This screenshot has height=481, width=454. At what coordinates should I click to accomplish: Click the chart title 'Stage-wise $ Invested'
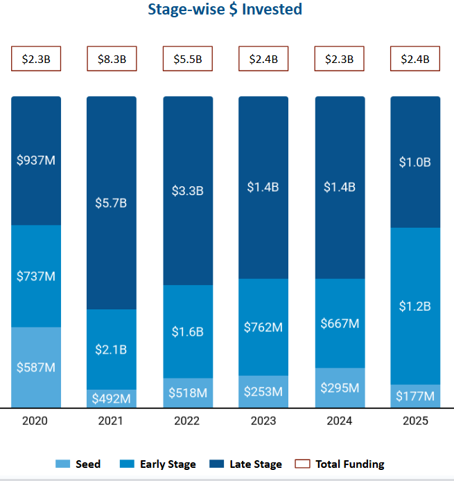225,10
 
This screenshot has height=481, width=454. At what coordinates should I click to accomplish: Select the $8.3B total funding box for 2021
112,59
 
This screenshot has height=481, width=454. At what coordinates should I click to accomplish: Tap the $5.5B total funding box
187,59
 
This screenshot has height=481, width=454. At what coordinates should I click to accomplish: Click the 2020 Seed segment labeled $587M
36,367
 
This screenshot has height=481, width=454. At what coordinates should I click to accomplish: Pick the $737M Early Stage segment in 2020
36,276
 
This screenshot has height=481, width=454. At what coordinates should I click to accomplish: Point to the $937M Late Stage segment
36,161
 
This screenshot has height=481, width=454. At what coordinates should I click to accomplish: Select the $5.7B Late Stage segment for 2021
112,203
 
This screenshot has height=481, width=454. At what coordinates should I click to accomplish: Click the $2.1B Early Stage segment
112,350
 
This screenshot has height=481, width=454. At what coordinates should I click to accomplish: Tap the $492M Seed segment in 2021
112,399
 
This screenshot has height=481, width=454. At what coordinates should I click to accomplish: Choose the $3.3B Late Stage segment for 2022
187,190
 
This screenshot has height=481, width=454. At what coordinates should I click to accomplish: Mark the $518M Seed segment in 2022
187,393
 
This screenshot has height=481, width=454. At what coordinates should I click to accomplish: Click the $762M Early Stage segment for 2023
263,327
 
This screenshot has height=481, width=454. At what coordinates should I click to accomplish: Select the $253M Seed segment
263,392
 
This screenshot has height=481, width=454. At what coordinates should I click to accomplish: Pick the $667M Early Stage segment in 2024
340,323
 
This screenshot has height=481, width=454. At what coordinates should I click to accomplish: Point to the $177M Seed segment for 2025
415,396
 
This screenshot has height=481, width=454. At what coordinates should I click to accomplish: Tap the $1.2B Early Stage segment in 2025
415,306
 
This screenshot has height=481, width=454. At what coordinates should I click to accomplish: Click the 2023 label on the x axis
263,421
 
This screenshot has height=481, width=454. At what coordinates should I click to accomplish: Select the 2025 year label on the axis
415,421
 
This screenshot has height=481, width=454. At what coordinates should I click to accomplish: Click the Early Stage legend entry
159,464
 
